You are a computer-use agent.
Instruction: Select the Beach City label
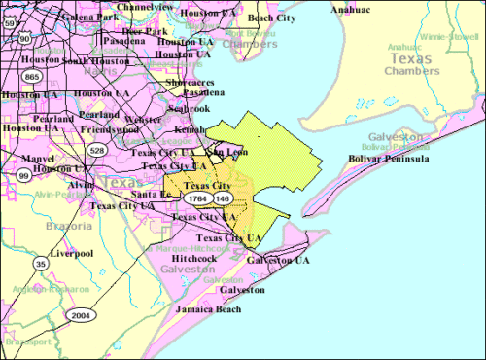click(273, 18)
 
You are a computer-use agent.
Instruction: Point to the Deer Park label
click(145, 31)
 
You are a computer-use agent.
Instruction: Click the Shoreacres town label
click(192, 82)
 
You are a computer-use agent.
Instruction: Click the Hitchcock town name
click(180, 258)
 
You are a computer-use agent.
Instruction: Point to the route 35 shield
click(41, 264)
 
